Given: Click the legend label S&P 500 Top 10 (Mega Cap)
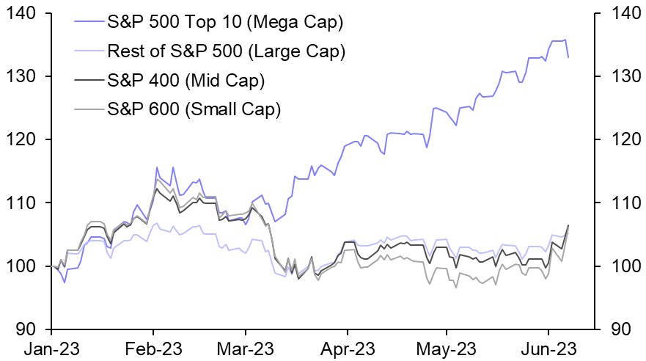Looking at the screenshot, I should point(225,23).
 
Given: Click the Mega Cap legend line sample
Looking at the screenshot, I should point(89,23).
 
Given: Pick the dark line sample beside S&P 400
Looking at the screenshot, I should point(89,80).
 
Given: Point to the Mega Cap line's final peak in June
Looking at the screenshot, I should point(565,40).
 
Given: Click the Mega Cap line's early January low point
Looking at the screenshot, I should point(65,282).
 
